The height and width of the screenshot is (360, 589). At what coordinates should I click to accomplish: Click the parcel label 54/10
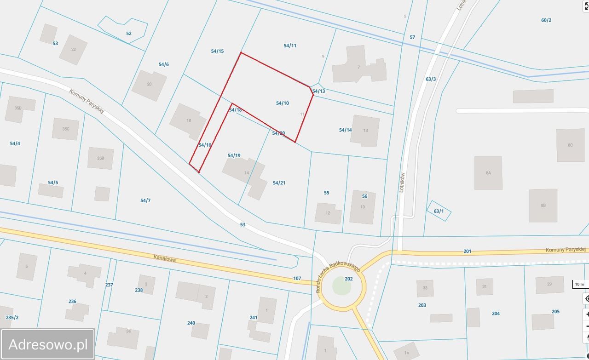point(283,103)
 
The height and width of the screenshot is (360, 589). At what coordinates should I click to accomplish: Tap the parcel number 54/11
point(290,46)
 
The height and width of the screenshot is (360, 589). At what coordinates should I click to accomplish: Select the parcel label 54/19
point(234,155)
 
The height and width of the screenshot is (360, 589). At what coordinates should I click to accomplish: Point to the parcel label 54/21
point(279,183)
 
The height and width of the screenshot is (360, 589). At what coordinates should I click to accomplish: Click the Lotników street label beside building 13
point(402,182)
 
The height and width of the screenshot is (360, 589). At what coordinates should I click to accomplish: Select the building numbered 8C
point(570,145)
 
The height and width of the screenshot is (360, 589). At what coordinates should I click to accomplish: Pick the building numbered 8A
point(488,173)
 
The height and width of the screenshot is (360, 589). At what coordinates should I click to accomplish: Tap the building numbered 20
point(149,85)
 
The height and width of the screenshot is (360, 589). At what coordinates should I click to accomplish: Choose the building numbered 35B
point(100,158)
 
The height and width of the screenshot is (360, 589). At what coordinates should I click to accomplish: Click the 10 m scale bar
point(579,284)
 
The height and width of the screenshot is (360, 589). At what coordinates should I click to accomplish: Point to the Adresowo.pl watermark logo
point(48,344)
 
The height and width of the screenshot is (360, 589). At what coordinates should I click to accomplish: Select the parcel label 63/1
point(439,211)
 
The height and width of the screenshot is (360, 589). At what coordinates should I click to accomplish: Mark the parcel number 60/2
point(546,20)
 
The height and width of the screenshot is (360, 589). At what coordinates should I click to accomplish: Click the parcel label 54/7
point(145,200)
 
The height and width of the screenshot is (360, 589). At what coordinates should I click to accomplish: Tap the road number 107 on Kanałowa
point(297,278)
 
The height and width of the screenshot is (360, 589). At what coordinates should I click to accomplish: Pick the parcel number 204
point(496,314)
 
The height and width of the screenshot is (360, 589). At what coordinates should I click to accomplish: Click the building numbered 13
point(365,131)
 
